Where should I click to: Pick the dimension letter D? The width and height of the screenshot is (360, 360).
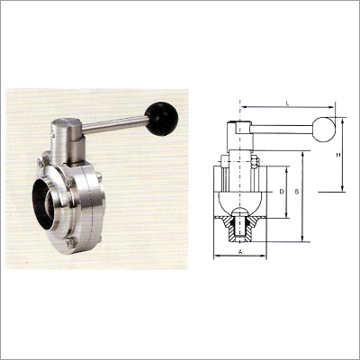pos(281,192)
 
